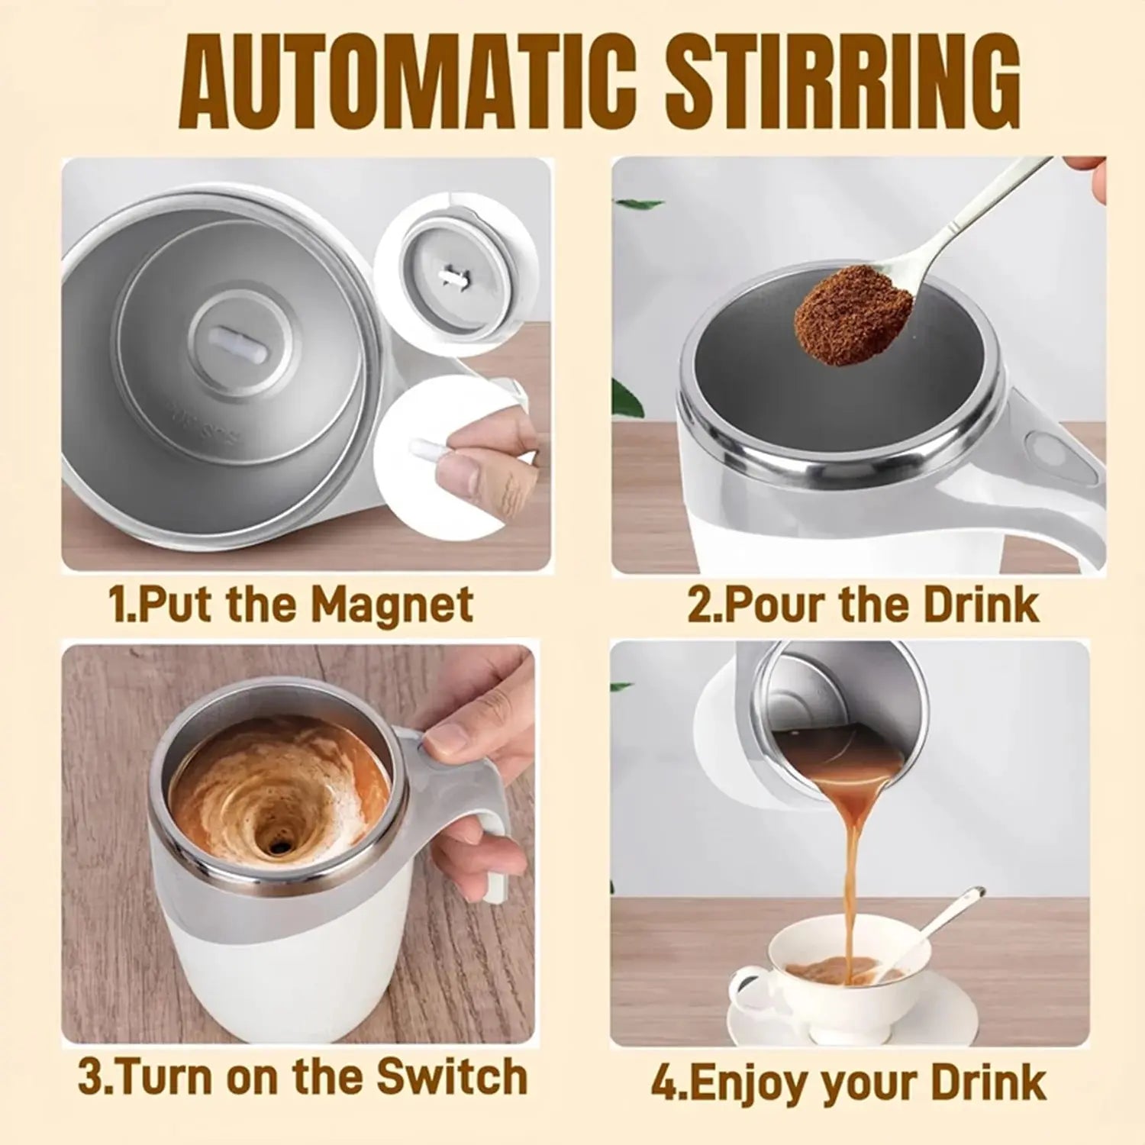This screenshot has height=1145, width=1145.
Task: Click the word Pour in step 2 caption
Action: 774,605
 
